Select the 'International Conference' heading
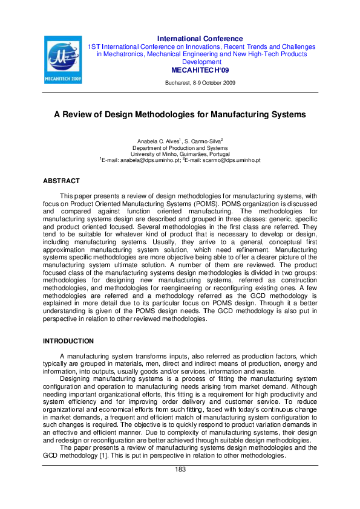tap(200, 39)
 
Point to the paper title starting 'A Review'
tap(180, 114)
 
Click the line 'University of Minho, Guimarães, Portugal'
tap(180, 154)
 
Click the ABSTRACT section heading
tap(61, 181)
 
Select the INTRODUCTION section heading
tap(68, 342)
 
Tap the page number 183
tap(180, 470)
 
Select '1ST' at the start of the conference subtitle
tap(94, 47)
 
